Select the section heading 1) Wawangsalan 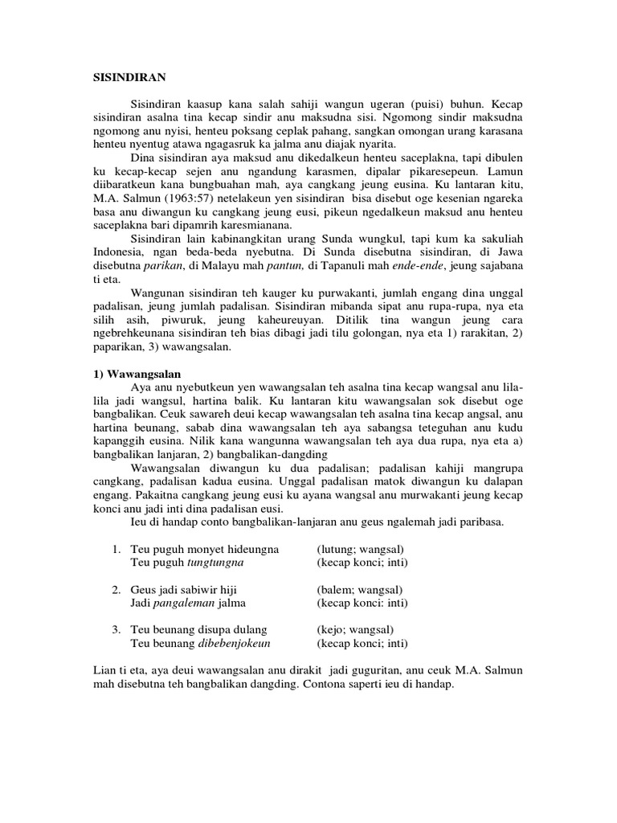[133, 374]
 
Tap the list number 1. [116, 549]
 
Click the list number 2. [116, 589]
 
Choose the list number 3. [116, 629]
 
